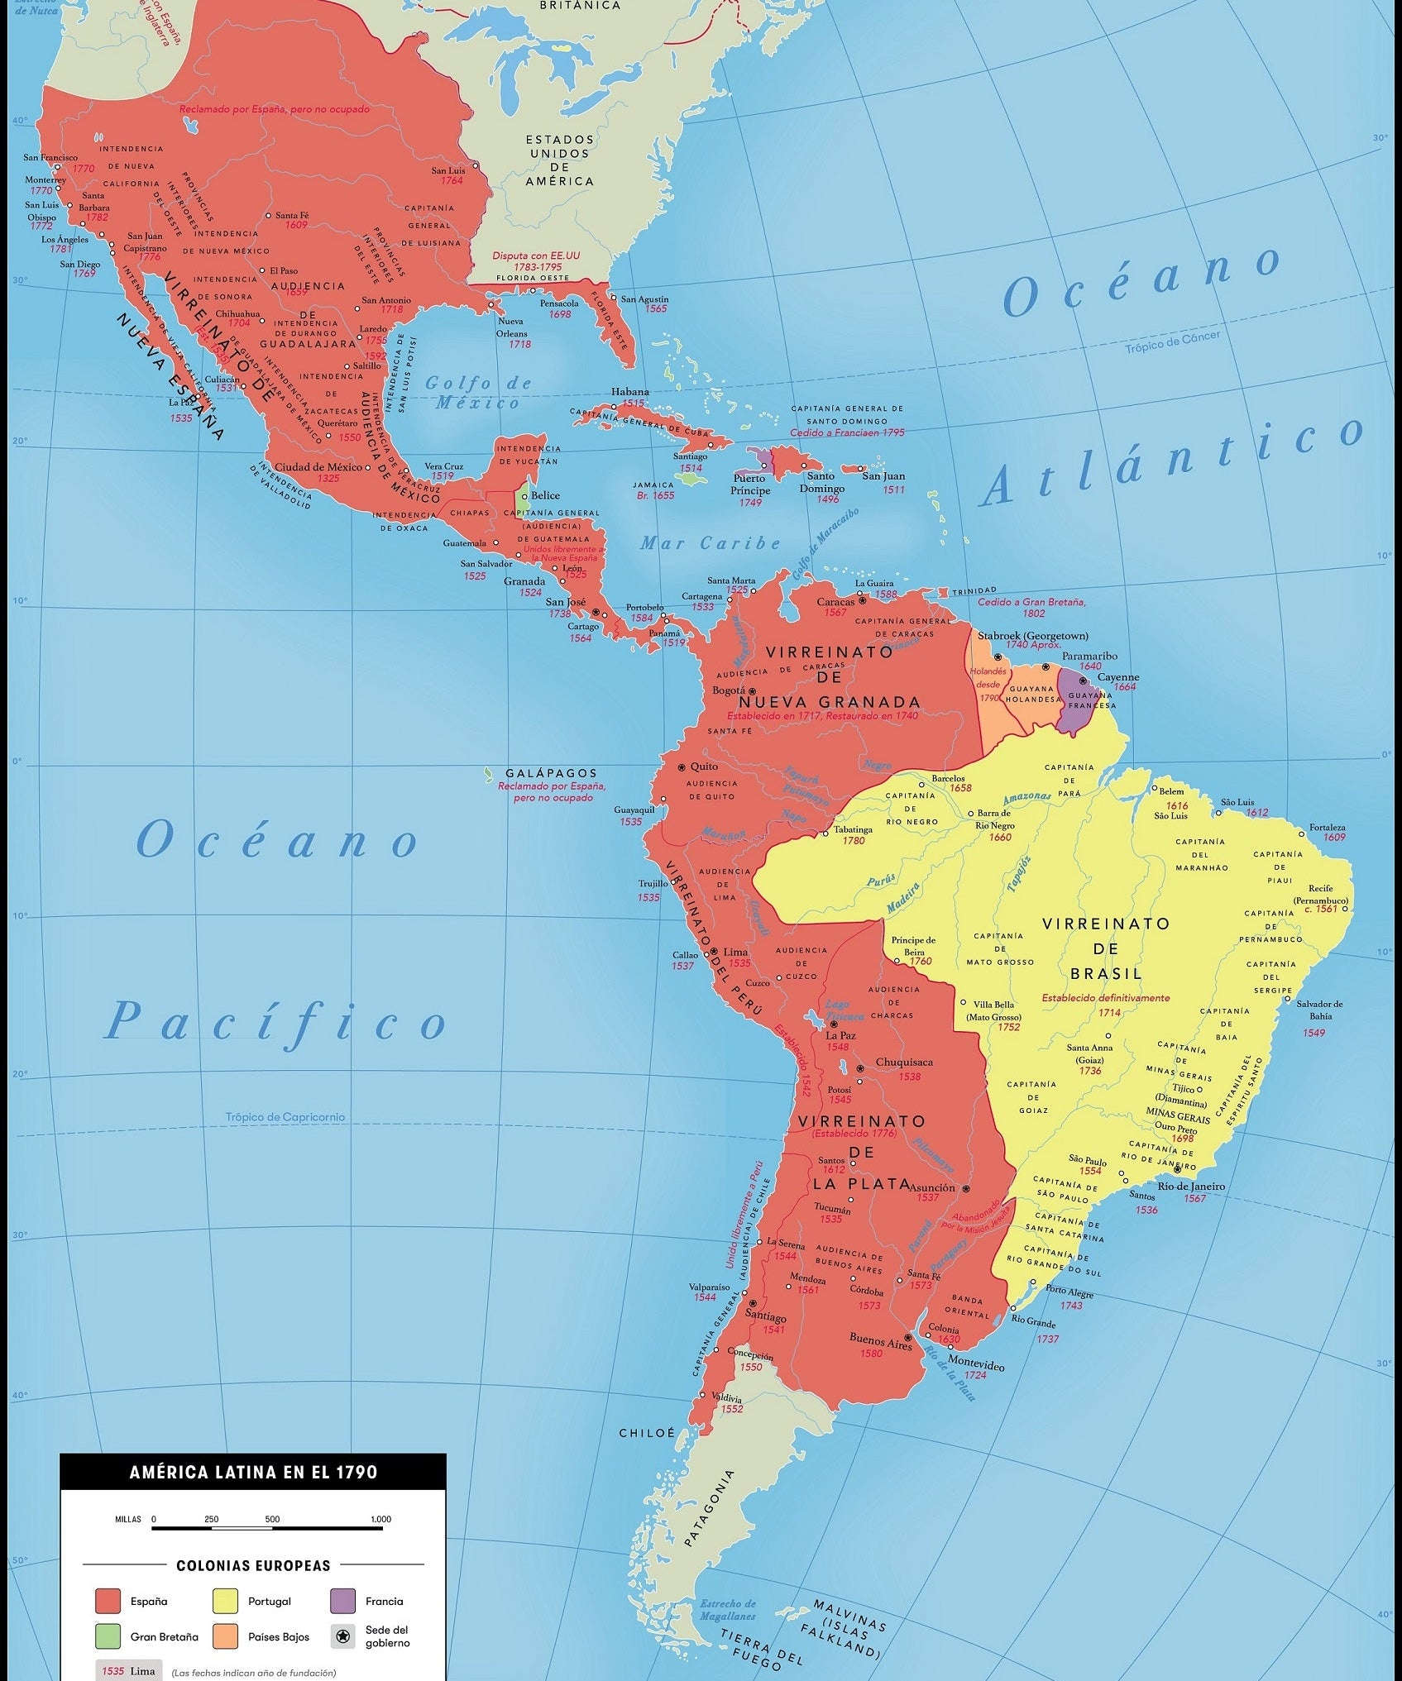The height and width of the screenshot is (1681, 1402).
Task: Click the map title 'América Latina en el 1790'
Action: (x=253, y=1472)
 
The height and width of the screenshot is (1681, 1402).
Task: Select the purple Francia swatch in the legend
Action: (x=342, y=1601)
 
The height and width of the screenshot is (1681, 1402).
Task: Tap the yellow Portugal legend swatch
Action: (x=225, y=1601)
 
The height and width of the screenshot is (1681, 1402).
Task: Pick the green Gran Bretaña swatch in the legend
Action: (x=108, y=1636)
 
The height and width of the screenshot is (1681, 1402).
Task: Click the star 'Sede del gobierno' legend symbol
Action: (x=342, y=1636)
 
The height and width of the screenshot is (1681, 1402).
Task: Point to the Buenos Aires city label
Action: (x=879, y=1338)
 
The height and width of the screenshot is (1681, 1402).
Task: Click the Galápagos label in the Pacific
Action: (x=551, y=773)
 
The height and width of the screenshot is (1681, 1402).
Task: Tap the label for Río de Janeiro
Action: (x=1214, y=1186)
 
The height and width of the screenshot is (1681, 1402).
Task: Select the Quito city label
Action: (x=704, y=766)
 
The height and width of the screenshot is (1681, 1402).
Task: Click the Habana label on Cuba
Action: (x=630, y=392)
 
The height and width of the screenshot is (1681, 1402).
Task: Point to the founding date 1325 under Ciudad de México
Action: (x=328, y=478)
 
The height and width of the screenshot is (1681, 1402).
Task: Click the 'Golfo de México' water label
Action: (x=478, y=393)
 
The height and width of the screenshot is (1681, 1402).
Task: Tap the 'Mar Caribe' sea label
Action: (x=710, y=543)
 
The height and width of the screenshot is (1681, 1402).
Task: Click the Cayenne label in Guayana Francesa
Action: (x=1118, y=676)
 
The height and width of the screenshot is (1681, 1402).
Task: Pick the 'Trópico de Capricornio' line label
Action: (x=285, y=1117)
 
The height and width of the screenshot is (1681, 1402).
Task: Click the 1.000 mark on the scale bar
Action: (x=380, y=1519)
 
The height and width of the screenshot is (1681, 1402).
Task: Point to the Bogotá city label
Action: (x=729, y=690)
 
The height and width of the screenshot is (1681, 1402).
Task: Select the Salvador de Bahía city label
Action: (x=1319, y=1009)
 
